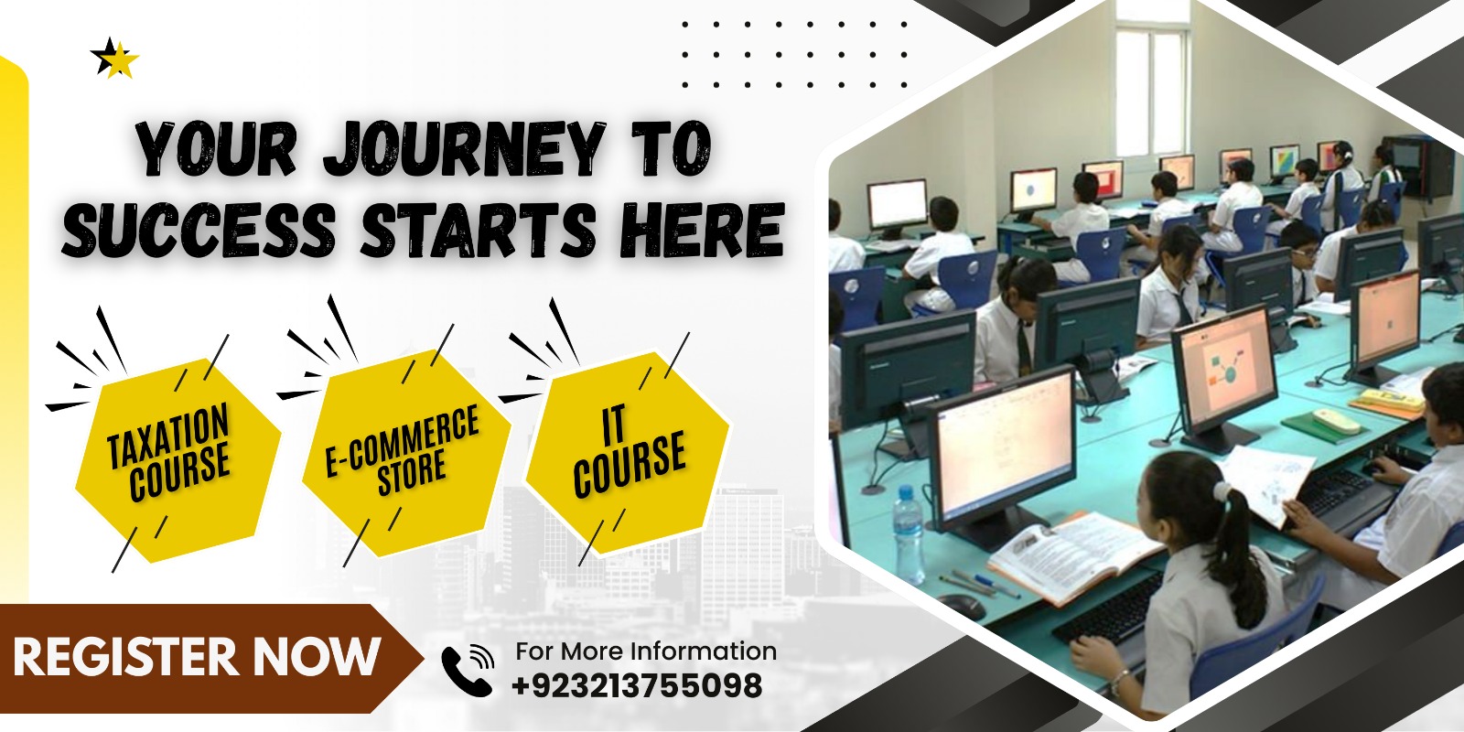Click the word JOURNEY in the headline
point(463,148)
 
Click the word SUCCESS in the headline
point(199,230)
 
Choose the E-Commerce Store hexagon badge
point(406,452)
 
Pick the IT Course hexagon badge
point(629,452)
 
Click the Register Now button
point(210,658)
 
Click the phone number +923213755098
point(637,685)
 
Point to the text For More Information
point(646,651)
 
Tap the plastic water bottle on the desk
point(909,534)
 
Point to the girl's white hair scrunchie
point(1221,490)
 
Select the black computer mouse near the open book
point(962,608)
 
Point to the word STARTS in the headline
point(478,230)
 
